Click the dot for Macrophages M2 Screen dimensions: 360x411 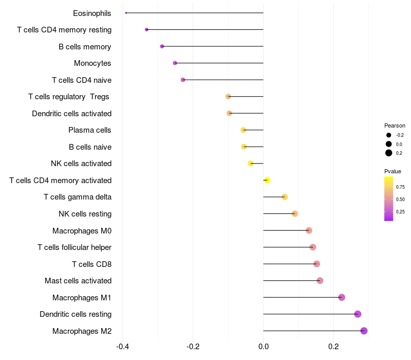click(x=364, y=331)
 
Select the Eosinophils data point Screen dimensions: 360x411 click(x=126, y=13)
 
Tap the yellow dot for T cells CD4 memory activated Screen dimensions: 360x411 click(x=267, y=180)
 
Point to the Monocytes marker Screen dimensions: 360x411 click(x=175, y=63)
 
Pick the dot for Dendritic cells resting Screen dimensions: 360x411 click(x=358, y=314)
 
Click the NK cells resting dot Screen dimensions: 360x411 click(x=295, y=214)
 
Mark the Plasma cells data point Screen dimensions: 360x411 click(x=244, y=130)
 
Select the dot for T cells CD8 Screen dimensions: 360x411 click(x=316, y=264)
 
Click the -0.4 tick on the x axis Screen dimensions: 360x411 click(x=122, y=347)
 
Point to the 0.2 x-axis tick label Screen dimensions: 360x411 click(x=333, y=347)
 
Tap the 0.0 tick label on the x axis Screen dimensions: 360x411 click(x=263, y=347)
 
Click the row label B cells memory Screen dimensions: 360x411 click(x=85, y=47)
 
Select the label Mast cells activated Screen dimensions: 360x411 click(x=78, y=281)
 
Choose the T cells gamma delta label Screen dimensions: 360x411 click(x=78, y=197)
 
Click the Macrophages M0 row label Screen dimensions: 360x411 click(x=82, y=230)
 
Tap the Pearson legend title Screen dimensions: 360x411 click(x=395, y=125)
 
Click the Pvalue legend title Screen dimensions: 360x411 click(x=393, y=171)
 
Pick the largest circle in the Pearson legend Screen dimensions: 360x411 click(x=389, y=153)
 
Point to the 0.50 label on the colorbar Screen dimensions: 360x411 click(x=400, y=199)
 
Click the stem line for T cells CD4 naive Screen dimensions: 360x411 click(x=223, y=80)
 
